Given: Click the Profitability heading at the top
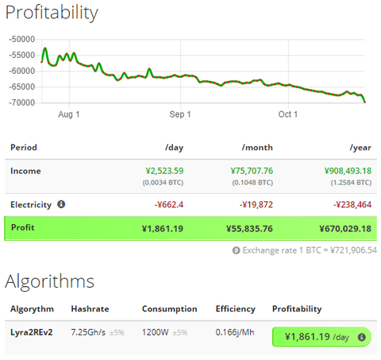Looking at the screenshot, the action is tap(52, 13).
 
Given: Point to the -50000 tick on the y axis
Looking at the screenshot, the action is tap(22, 39).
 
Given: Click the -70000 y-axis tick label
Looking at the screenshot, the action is tap(22, 103).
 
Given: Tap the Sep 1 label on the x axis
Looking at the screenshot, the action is tap(180, 114).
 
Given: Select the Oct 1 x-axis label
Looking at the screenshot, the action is tap(288, 114).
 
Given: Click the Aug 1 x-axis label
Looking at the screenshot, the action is tap(69, 114).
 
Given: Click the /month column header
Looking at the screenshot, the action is tap(257, 148).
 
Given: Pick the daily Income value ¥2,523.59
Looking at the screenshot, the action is tap(164, 171).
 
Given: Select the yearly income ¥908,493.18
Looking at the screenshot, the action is tap(348, 171).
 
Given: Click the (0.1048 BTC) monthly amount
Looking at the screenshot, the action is tap(252, 183).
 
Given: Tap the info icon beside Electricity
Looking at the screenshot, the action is tap(61, 204).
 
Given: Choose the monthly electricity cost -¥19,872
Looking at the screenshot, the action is tap(256, 204).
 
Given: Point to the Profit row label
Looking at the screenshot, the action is tap(23, 227).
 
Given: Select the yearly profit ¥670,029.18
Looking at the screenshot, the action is tap(345, 229).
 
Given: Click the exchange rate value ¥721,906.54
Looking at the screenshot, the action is tap(354, 250).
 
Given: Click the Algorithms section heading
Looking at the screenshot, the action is tap(50, 281).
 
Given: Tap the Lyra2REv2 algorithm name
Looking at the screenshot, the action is tap(32, 332).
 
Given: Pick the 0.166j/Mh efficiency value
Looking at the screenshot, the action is tap(235, 332).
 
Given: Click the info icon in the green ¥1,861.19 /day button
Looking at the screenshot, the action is tap(362, 337).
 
